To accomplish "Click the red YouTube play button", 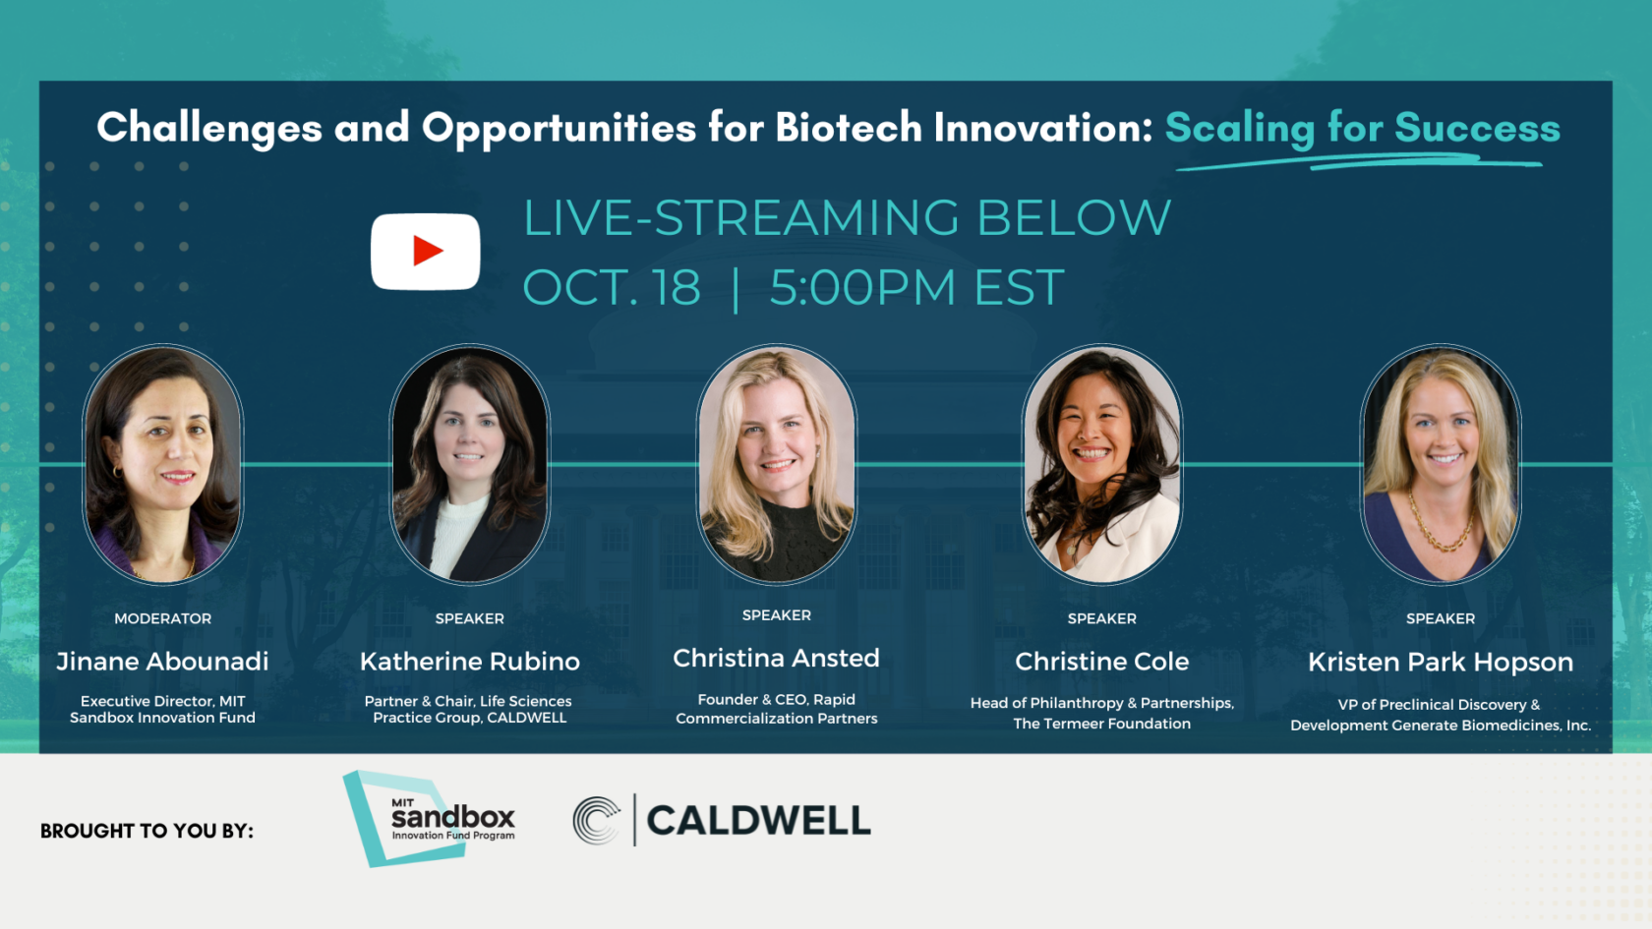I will (x=426, y=252).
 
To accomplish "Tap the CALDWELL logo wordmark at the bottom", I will (x=758, y=821).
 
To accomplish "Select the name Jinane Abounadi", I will (x=162, y=662).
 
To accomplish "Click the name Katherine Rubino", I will (x=470, y=662).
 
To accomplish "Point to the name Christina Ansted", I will (x=776, y=659).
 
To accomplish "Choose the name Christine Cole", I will (x=1101, y=662).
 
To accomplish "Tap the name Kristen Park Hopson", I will (x=1440, y=663).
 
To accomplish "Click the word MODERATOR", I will (x=162, y=618).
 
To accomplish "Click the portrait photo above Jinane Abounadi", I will (x=162, y=464).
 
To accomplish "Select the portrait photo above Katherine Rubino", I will (x=470, y=464).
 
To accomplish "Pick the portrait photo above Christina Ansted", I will (x=776, y=464).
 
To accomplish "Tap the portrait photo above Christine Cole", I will (x=1101, y=464).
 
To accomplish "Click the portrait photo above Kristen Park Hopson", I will (x=1440, y=464).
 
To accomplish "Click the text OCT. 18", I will (x=612, y=288).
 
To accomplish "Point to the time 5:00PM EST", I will (x=916, y=288).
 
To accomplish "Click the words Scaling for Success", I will (x=1362, y=129).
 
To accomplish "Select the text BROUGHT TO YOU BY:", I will (x=147, y=831).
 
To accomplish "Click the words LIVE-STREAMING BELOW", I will (x=847, y=218).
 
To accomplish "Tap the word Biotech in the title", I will (x=849, y=128).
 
